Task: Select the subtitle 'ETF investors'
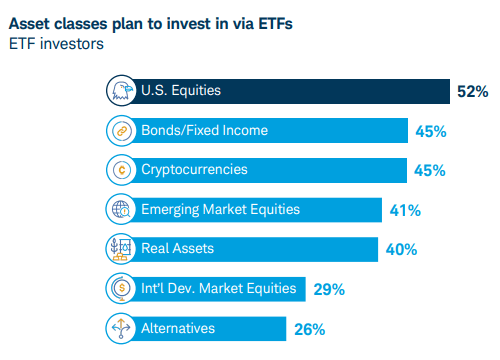coord(58,43)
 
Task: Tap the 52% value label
coord(472,92)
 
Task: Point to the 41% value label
coord(405,210)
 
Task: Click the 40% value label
coord(401,249)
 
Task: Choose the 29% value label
coord(329,289)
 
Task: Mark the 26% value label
coord(309,328)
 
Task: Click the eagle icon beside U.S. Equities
coord(120,91)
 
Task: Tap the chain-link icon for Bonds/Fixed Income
coord(120,131)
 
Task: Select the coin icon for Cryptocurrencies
coord(120,170)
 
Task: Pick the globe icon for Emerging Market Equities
coord(120,210)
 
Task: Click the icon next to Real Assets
coord(120,249)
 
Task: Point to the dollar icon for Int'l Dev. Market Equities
coord(120,289)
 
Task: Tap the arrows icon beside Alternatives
coord(120,328)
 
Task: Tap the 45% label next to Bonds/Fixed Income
coord(429,131)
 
